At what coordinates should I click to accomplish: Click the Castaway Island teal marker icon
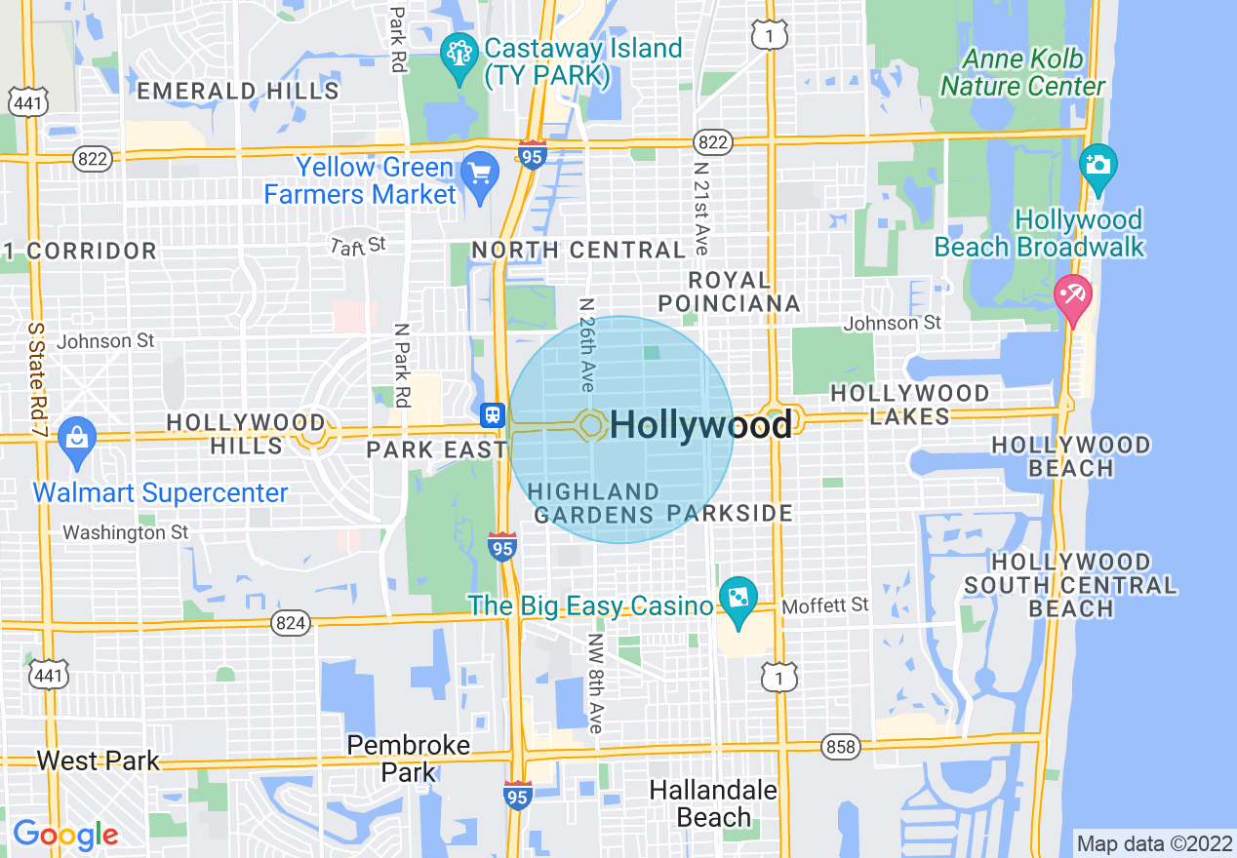pos(458,55)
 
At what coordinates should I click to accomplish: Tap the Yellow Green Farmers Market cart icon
pos(480,175)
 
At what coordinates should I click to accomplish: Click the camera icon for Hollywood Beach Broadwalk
pos(1098,164)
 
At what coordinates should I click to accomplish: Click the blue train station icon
pos(493,415)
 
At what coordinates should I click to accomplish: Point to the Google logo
pos(65,835)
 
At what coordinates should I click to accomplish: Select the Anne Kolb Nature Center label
pos(1022,73)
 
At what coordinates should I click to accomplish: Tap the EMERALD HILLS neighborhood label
pos(238,92)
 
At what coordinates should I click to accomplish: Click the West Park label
pos(98,760)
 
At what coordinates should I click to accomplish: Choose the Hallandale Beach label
pos(713,803)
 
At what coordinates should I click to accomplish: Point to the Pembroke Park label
pos(410,759)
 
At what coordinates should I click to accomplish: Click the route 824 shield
pos(290,623)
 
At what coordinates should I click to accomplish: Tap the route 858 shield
pos(840,748)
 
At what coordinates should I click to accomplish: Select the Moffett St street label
pos(824,605)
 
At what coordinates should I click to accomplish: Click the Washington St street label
pos(127,532)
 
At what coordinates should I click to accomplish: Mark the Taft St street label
pos(357,244)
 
